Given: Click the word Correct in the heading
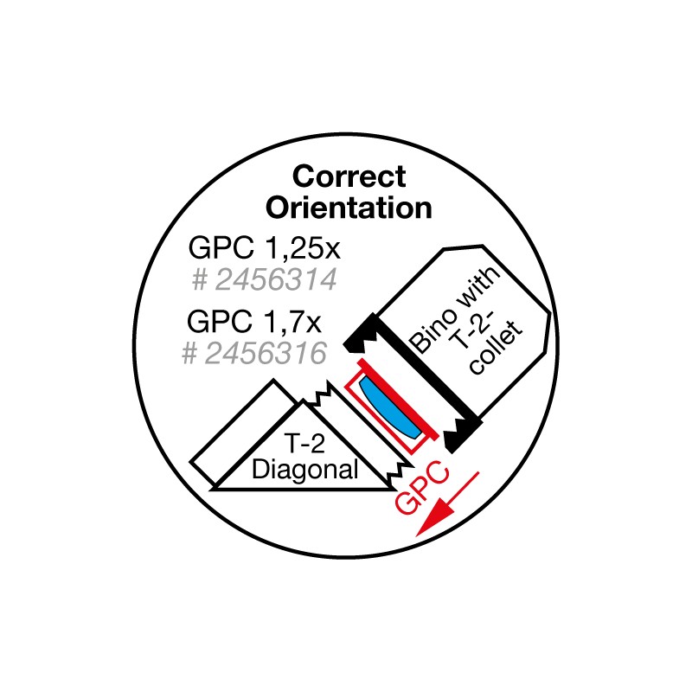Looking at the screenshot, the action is tap(349, 176).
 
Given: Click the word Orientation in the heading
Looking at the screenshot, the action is tap(349, 208).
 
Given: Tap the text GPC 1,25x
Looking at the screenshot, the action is tap(265, 248).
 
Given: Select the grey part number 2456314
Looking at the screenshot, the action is tap(276, 279).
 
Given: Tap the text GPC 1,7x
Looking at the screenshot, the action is tap(254, 321).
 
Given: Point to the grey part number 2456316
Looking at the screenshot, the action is tap(266, 353).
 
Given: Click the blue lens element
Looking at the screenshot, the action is tap(388, 407).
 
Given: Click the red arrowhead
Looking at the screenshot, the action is tap(434, 520).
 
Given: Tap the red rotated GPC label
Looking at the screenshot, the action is tap(421, 487).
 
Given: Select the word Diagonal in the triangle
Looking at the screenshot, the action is tap(305, 470).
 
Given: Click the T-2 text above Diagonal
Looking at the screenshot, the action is tap(304, 443).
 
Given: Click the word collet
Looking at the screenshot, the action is tap(497, 349).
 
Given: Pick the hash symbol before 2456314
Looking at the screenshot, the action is tap(200, 279).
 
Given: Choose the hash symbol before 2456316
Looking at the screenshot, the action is tap(189, 354).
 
